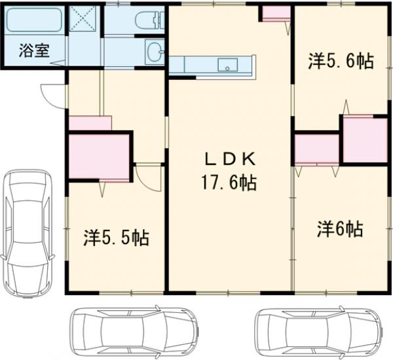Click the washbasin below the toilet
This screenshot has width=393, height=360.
click(x=154, y=50)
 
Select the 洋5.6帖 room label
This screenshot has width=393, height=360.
click(x=341, y=61)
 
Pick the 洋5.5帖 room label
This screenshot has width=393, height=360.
click(x=116, y=237)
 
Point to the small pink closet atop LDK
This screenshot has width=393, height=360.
click(x=276, y=13)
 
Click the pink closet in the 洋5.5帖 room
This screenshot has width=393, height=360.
click(x=98, y=156)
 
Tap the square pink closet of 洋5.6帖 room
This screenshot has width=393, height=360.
click(x=364, y=140)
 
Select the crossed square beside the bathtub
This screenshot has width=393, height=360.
click(x=84, y=20)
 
